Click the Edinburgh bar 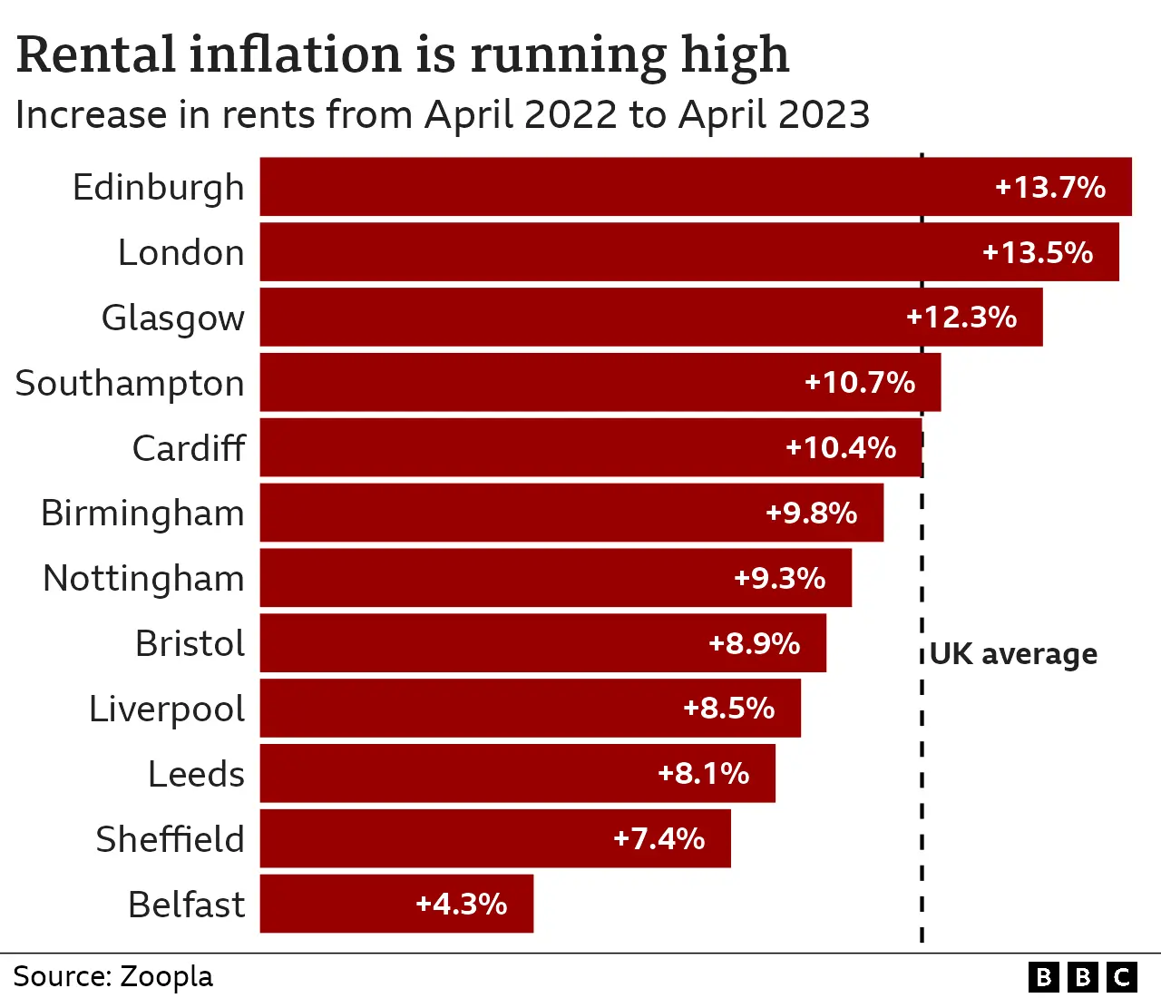(x=696, y=187)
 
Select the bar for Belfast (x=396, y=904)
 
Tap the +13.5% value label (x=1038, y=252)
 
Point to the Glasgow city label (x=173, y=318)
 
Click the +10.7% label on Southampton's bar (x=860, y=382)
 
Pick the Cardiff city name (x=189, y=448)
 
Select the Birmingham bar (x=571, y=513)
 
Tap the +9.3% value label (x=779, y=578)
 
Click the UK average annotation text (x=1013, y=654)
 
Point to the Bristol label (x=190, y=643)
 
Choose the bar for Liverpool (x=530, y=709)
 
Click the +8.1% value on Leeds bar (x=703, y=773)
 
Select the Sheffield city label (x=171, y=839)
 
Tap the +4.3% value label (x=461, y=904)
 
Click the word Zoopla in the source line (x=167, y=976)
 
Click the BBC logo (x=1083, y=976)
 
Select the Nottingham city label (x=144, y=578)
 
